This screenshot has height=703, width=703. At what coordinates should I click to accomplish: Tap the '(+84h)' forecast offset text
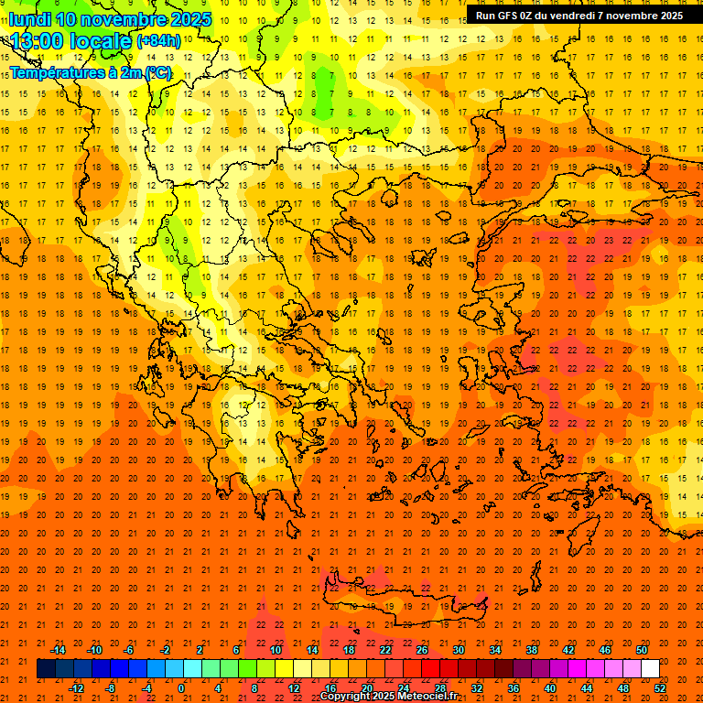pyautogui.click(x=158, y=41)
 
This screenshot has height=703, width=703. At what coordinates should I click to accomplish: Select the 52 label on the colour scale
pyautogui.click(x=660, y=688)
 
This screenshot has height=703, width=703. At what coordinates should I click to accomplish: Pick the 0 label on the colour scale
pyautogui.click(x=182, y=688)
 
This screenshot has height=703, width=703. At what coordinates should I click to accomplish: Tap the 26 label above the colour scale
pyautogui.click(x=422, y=650)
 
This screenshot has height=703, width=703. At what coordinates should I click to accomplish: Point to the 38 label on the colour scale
pyautogui.click(x=532, y=650)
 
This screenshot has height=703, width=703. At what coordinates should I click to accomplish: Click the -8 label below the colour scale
pyautogui.click(x=112, y=688)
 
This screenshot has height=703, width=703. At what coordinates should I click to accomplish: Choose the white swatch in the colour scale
pyautogui.click(x=650, y=669)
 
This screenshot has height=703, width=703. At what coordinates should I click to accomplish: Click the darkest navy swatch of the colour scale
pyautogui.click(x=46, y=669)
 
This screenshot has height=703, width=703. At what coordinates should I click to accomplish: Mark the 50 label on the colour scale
pyautogui.click(x=642, y=650)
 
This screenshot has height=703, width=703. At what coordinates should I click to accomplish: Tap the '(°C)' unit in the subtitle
pyautogui.click(x=157, y=72)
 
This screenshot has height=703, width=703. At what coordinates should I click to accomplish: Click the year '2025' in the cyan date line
pyautogui.click(x=188, y=19)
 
